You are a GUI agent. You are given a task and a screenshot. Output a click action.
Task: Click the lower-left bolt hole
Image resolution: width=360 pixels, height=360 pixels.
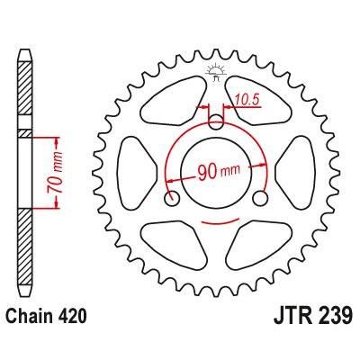(171, 197)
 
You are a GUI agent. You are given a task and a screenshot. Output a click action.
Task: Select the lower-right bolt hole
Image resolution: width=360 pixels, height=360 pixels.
(259, 197)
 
